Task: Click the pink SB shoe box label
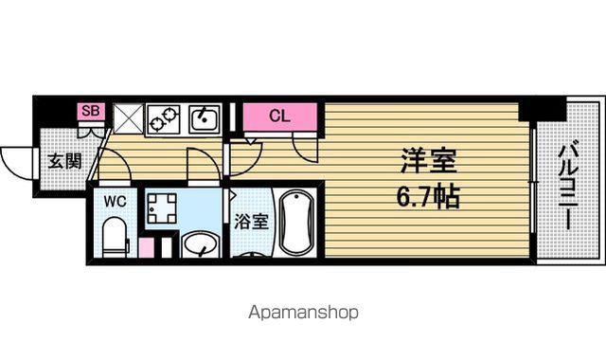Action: coord(91,111)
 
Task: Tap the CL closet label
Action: coord(279,116)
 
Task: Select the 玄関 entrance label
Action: coord(65,161)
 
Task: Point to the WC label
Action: coord(115,202)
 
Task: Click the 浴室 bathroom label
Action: coord(251,222)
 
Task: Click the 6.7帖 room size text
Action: coord(428,197)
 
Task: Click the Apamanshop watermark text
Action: coord(303,313)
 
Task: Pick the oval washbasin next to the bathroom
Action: coord(200,244)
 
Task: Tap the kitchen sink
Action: coord(205,119)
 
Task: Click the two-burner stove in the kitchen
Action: coord(163,119)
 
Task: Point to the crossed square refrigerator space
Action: coord(129,118)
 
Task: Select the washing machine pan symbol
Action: coord(162,208)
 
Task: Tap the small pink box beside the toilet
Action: coord(146,248)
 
